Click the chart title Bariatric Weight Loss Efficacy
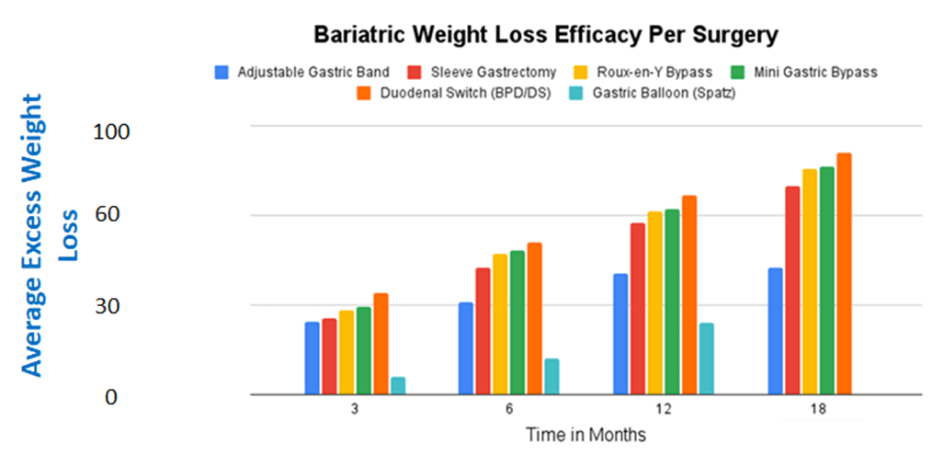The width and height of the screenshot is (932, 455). (x=546, y=37)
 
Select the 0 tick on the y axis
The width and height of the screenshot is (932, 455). (x=111, y=396)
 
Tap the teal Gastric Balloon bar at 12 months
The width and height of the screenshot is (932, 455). (x=706, y=358)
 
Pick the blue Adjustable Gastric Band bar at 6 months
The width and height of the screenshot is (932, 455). (x=466, y=348)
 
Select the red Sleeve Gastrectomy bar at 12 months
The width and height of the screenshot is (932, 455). (x=637, y=309)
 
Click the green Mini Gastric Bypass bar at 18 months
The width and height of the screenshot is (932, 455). (x=826, y=280)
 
